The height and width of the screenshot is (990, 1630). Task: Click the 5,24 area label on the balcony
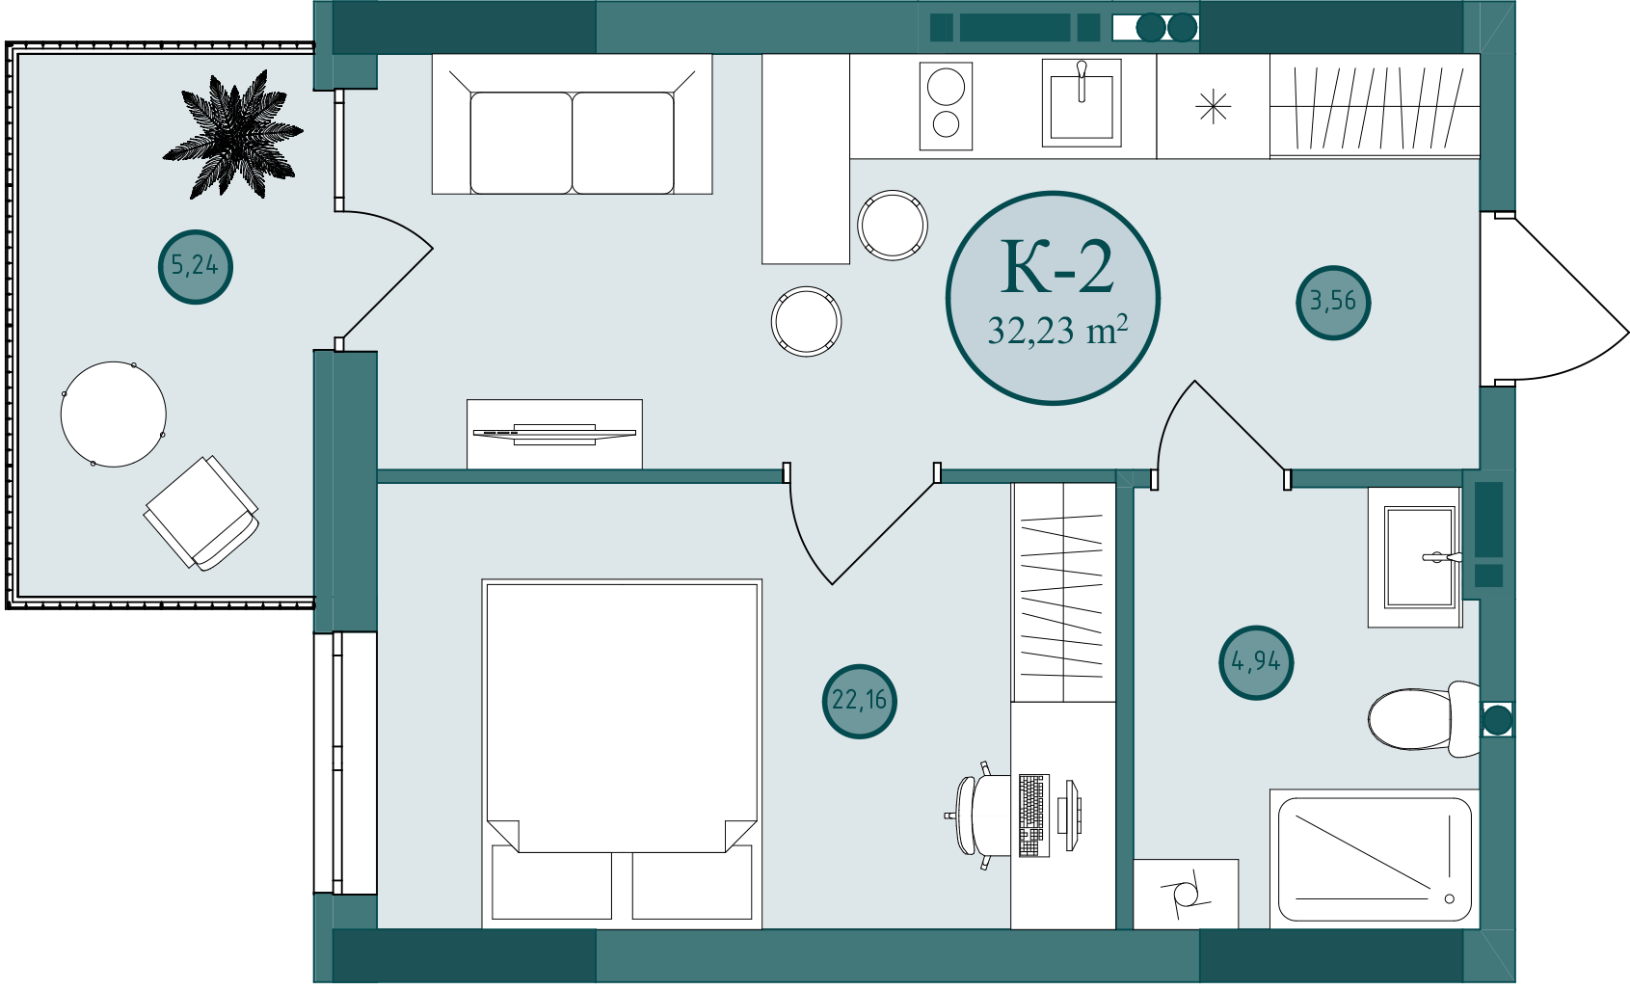195,266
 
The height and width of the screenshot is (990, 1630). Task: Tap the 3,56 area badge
1333,302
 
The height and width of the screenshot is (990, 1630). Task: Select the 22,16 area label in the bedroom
860,701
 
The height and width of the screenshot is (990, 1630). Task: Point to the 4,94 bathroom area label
1256,662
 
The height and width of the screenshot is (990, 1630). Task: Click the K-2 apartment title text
1056,267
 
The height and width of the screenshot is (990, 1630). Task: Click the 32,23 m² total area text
1057,331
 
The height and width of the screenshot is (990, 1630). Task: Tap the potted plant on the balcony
233,135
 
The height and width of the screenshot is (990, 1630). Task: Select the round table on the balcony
114,415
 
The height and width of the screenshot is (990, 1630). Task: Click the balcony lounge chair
201,513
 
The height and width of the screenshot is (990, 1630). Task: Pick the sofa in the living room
572,123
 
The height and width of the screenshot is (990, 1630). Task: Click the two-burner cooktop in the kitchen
946,106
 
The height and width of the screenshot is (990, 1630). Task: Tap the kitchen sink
1082,102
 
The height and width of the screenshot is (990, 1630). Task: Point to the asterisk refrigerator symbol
1213,107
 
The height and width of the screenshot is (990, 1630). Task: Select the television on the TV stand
554,434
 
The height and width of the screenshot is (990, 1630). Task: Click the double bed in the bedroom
622,754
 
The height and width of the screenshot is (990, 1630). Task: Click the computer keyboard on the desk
1033,816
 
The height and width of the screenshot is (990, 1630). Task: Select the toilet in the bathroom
1425,719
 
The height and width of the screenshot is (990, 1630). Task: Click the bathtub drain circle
1450,899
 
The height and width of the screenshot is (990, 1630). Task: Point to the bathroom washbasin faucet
1442,557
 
